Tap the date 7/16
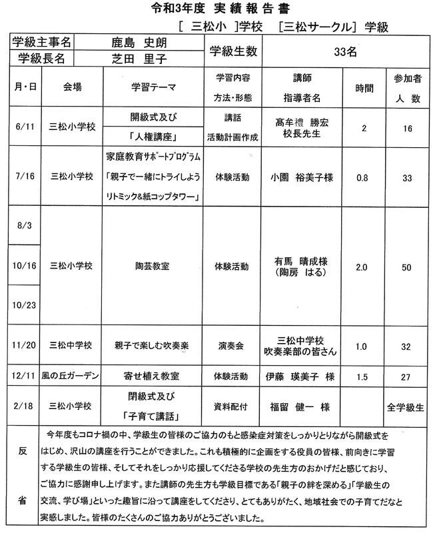pyautogui.click(x=24, y=177)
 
